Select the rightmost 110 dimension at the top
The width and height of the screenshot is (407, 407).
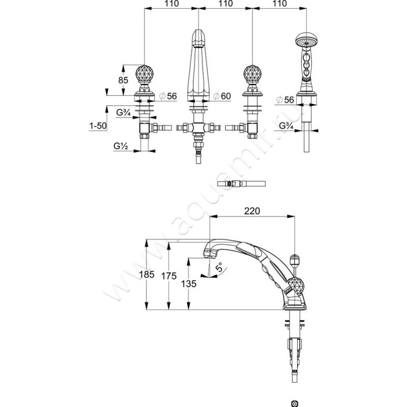point(278,4)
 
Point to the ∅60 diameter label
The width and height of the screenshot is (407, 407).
point(222,96)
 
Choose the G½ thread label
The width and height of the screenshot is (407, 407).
point(121,147)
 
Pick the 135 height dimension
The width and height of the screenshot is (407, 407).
point(188,284)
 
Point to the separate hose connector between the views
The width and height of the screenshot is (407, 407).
point(241,183)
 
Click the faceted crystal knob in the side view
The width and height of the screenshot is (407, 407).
point(295,286)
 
